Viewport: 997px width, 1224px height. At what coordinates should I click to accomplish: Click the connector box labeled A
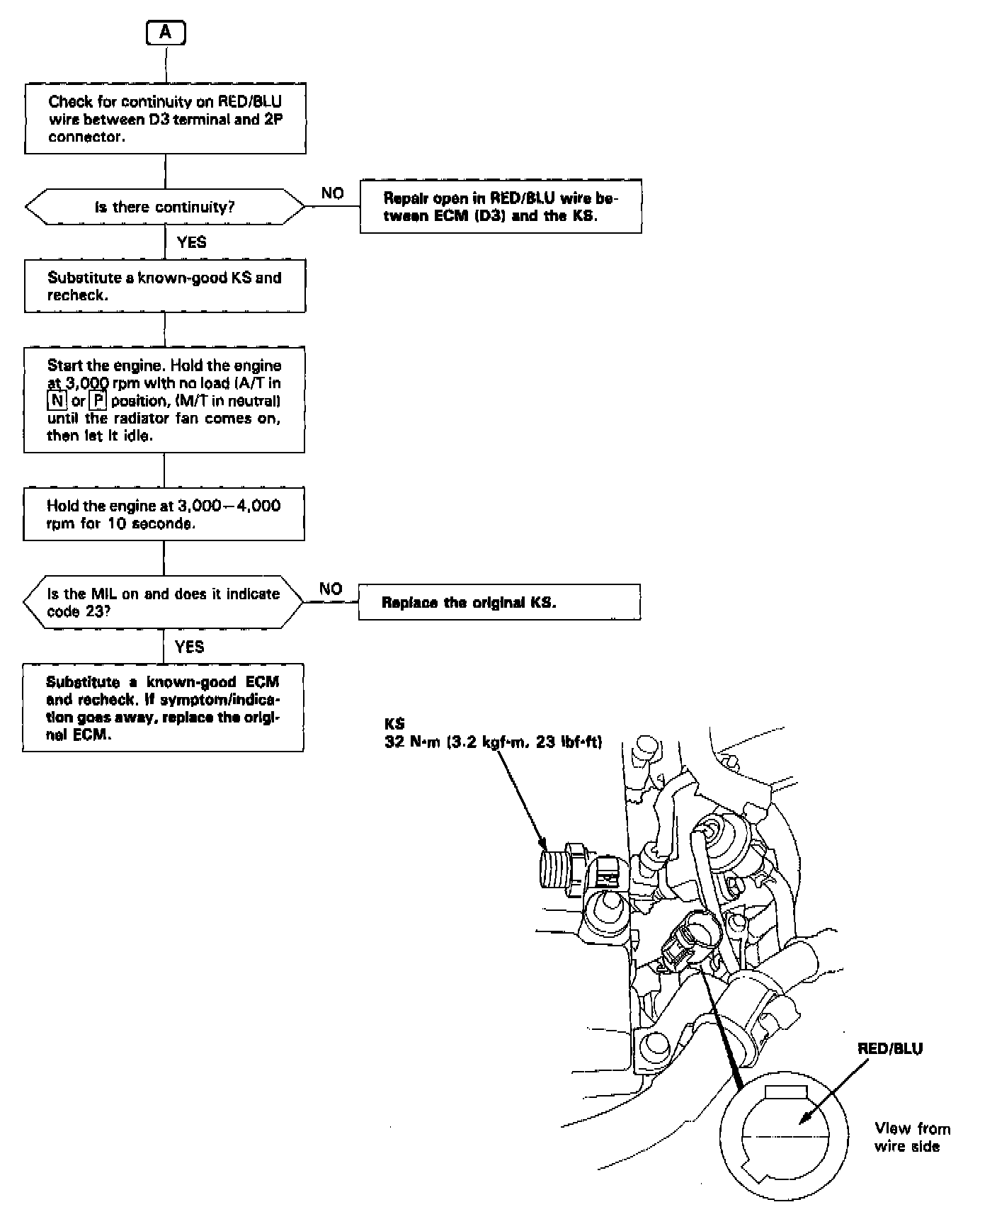166,33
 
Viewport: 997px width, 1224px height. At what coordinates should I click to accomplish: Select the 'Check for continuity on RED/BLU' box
165,118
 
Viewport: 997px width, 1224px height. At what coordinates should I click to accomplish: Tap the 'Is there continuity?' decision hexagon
165,207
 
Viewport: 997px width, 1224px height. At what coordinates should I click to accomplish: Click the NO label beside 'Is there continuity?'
332,193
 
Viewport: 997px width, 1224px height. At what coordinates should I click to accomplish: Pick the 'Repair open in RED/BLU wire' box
501,207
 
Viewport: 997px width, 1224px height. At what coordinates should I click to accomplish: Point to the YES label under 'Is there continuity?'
191,242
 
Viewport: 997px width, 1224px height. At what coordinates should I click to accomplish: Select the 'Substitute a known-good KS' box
165,286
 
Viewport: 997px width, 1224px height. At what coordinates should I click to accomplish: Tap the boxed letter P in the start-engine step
98,401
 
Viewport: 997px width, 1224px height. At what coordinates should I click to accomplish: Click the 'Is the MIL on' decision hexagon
164,602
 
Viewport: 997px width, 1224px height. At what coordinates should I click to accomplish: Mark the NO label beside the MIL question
330,589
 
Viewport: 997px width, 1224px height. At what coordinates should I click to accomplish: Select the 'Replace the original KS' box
499,603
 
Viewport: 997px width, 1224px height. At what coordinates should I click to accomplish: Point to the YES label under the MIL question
189,647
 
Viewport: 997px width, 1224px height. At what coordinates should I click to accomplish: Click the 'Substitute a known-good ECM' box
164,708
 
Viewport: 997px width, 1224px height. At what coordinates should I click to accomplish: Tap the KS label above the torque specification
394,725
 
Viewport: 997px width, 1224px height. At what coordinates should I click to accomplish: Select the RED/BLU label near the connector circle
890,1049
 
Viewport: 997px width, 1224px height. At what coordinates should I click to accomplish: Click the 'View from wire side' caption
912,1137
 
